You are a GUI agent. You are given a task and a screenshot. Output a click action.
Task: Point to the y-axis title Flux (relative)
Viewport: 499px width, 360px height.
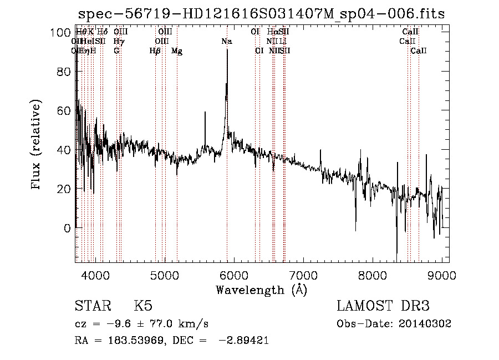coord(37,145)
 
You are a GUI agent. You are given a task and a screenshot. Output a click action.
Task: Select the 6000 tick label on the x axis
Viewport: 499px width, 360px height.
coord(234,275)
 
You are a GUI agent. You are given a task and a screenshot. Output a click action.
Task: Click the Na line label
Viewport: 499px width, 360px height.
coord(226,42)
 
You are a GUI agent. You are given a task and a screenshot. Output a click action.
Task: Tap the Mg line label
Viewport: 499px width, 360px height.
coord(177,51)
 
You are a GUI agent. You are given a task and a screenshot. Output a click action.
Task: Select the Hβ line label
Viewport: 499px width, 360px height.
coord(155,51)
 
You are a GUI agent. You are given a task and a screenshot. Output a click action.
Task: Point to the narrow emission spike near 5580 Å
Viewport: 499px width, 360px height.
coord(205,112)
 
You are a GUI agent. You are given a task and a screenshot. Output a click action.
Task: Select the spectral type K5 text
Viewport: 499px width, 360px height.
coord(143,306)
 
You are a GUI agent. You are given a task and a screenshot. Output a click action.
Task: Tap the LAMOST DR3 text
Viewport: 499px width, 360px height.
coord(383,306)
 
